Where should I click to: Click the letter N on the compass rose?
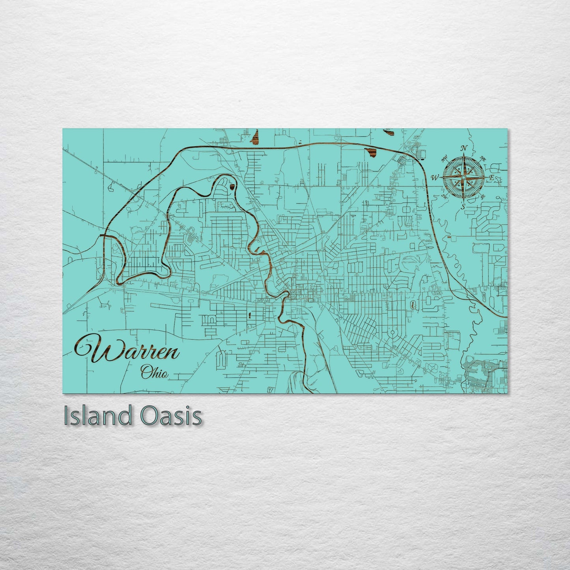click(x=465, y=148)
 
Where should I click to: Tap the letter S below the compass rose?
click(x=464, y=206)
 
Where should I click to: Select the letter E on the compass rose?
click(x=491, y=178)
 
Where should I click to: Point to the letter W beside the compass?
click(x=436, y=177)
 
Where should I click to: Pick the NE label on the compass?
click(x=482, y=159)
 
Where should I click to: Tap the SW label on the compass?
click(x=445, y=196)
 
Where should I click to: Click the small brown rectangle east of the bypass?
click(x=451, y=238)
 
